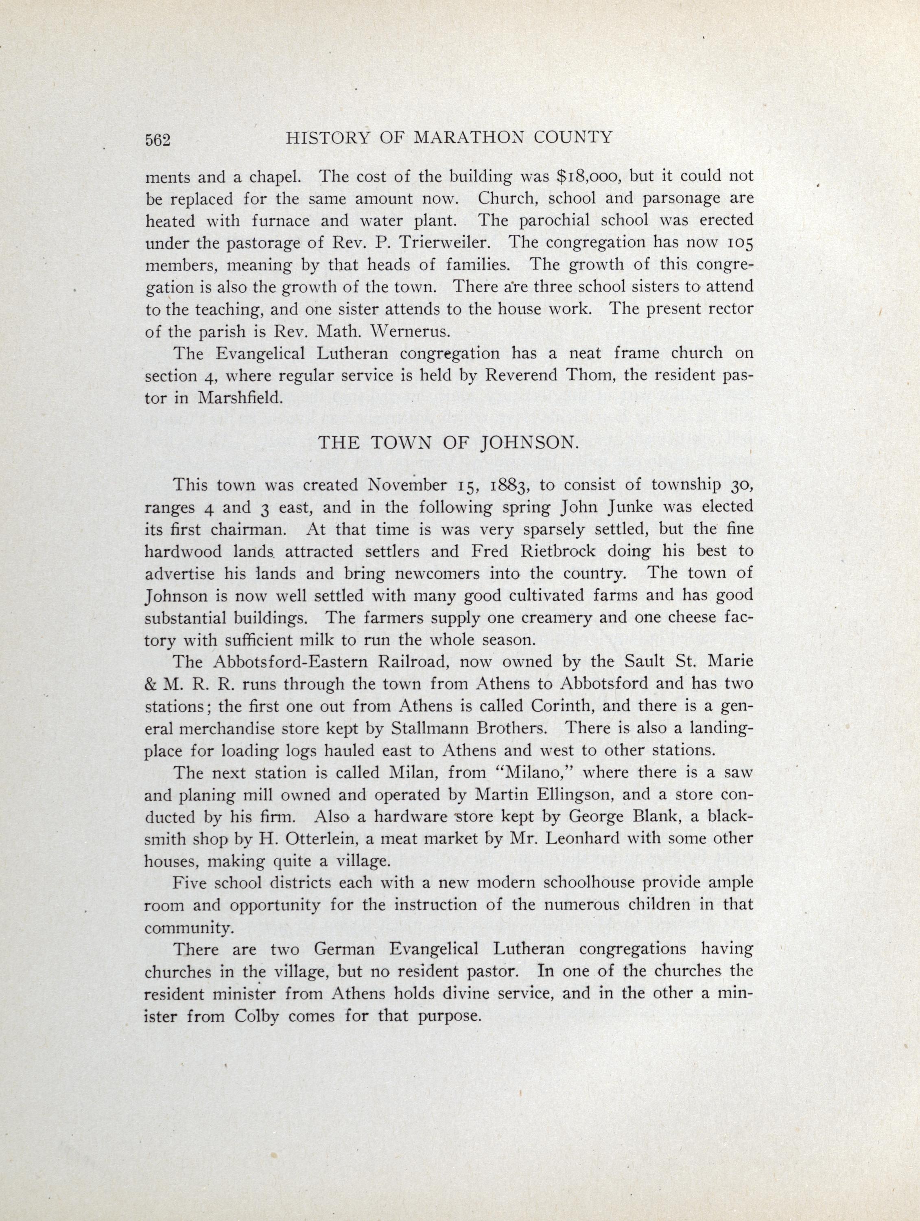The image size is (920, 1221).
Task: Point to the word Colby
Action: [x=253, y=1016]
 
